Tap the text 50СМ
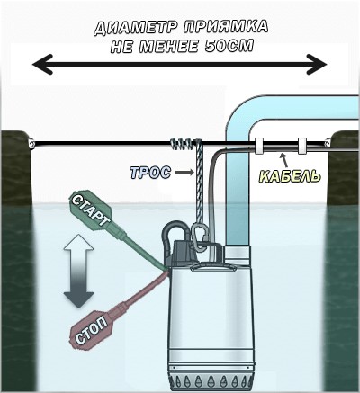pos(229,47)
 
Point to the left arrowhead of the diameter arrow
pos(42,64)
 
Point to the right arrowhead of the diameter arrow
pos(317,64)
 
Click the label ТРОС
pos(150,173)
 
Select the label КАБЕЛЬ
pos(290,176)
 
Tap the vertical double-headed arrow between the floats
pos(79,271)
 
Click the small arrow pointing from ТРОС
pos(184,172)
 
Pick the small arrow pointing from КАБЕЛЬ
pos(284,160)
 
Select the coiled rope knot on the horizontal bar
pos(185,144)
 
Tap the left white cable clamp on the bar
pos(259,146)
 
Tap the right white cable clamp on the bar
pos(302,146)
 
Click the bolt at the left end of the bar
pos(31,143)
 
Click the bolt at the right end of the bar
pos(328,143)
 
